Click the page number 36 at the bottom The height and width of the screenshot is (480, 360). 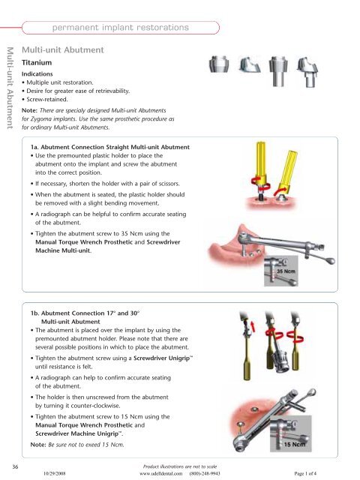click(6, 466)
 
